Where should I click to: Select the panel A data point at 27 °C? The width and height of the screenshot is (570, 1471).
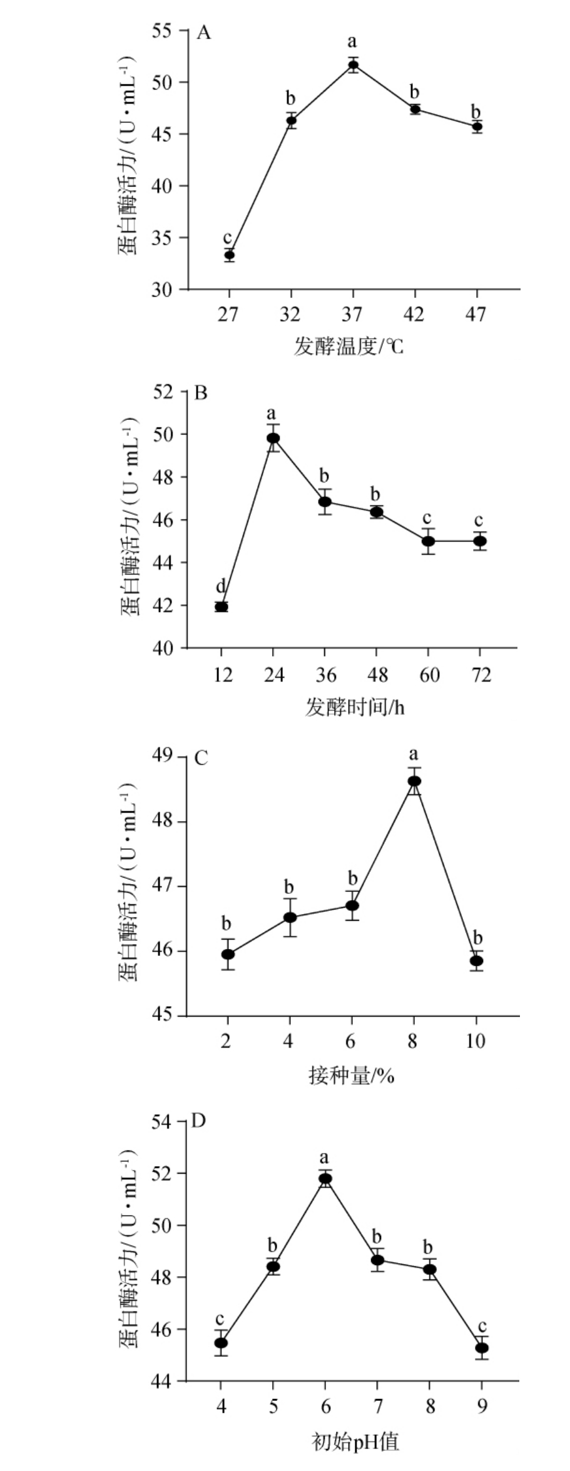click(230, 255)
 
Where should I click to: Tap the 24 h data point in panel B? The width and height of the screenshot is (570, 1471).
click(273, 438)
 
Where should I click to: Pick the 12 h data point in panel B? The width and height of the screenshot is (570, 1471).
click(221, 607)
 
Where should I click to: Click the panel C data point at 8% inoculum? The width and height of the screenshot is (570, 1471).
click(414, 781)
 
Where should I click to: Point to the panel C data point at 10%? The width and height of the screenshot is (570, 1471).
click(477, 960)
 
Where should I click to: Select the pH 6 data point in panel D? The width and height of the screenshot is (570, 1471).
click(325, 1178)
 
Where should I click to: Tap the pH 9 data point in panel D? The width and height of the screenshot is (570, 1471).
click(481, 1347)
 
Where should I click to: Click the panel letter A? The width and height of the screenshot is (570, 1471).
click(203, 33)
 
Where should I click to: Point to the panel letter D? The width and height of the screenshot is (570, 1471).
click(198, 1120)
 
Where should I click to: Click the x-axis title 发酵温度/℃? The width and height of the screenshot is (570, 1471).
click(349, 346)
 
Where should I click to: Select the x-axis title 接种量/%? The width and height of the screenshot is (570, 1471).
click(351, 1075)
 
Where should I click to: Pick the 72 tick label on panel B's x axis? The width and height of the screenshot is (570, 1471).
click(479, 675)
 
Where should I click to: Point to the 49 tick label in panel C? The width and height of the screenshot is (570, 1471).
click(165, 756)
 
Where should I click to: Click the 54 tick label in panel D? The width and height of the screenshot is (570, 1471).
click(165, 1121)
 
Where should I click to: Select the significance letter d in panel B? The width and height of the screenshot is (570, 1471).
click(220, 587)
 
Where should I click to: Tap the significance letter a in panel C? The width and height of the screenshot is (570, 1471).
click(414, 754)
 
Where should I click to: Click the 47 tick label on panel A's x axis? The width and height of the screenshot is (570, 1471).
click(476, 315)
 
